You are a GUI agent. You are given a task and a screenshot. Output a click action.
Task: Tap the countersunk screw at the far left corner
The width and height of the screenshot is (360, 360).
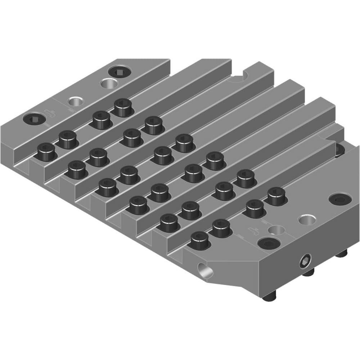(34, 118)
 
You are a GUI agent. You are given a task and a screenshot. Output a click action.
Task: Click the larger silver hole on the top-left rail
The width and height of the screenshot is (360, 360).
(108, 84)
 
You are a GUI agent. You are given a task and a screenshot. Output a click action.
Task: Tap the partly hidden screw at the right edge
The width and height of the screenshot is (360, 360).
(339, 150)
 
